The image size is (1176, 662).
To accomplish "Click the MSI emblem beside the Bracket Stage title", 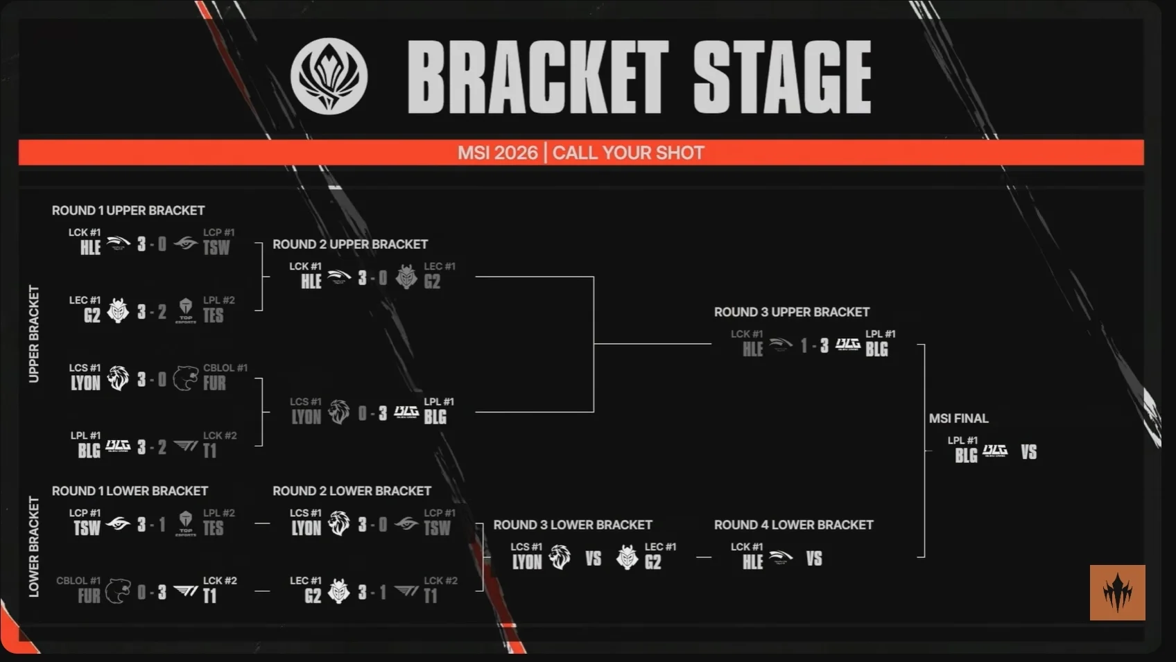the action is tap(329, 76).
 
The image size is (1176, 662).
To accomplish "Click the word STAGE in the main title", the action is tap(782, 77).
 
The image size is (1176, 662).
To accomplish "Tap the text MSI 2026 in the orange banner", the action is tap(497, 153).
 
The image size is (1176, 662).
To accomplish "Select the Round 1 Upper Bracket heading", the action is tap(128, 211).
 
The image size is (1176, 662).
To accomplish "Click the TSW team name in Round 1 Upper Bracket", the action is tap(216, 247).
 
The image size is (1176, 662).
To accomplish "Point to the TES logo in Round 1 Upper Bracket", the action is tap(185, 311).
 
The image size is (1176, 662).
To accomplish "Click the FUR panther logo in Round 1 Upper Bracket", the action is tap(186, 378).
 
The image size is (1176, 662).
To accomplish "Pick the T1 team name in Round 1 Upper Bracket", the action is tap(209, 451).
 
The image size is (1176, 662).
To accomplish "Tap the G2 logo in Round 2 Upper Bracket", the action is tap(406, 277).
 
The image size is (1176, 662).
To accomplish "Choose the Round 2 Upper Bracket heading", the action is tap(350, 245).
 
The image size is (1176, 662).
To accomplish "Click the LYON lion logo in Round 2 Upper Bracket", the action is tap(338, 412).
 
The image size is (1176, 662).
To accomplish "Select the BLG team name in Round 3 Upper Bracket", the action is tap(876, 349).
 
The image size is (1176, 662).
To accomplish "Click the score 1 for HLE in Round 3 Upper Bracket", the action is tap(804, 345).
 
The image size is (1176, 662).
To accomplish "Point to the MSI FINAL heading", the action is tap(959, 419).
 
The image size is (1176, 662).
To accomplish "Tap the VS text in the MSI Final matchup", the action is tap(1029, 452).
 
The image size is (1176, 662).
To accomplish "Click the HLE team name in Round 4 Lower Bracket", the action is tap(752, 562).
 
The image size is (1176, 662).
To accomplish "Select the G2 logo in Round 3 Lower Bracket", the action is tap(627, 557).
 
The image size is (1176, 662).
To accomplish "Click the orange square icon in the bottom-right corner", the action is tap(1118, 593).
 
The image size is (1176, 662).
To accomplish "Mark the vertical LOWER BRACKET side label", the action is tap(34, 547).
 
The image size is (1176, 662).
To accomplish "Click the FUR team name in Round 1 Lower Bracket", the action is tap(89, 596).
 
